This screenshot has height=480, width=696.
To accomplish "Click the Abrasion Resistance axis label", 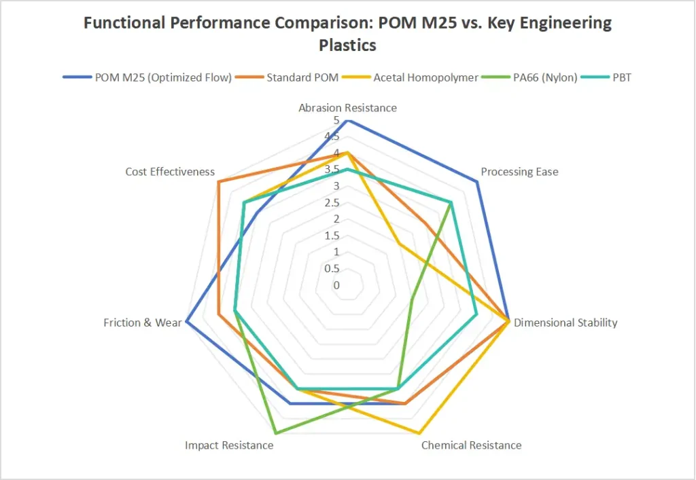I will pyautogui.click(x=347, y=107).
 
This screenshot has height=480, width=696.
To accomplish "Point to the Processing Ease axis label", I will pyautogui.click(x=519, y=172).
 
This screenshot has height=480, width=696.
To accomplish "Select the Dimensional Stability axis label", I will pyautogui.click(x=565, y=322).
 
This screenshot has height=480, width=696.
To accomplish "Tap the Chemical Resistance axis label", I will pyautogui.click(x=471, y=445).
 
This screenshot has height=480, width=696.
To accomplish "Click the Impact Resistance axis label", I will pyautogui.click(x=229, y=445).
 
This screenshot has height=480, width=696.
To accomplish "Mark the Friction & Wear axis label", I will pyautogui.click(x=143, y=322).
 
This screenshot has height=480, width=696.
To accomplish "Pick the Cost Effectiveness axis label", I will pyautogui.click(x=170, y=172).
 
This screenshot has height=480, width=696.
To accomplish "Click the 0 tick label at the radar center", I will pyautogui.click(x=336, y=285).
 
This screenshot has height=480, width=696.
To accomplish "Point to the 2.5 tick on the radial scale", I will pyautogui.click(x=332, y=202).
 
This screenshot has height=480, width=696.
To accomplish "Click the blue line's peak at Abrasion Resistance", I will pyautogui.click(x=347, y=121).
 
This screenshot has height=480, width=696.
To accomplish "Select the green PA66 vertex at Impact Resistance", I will pyautogui.click(x=275, y=432).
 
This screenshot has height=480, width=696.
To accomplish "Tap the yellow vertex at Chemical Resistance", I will pyautogui.click(x=419, y=432).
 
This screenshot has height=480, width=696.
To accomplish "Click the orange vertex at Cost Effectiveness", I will pyautogui.click(x=218, y=182).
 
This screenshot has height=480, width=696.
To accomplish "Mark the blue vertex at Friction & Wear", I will pyautogui.click(x=186, y=321).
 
